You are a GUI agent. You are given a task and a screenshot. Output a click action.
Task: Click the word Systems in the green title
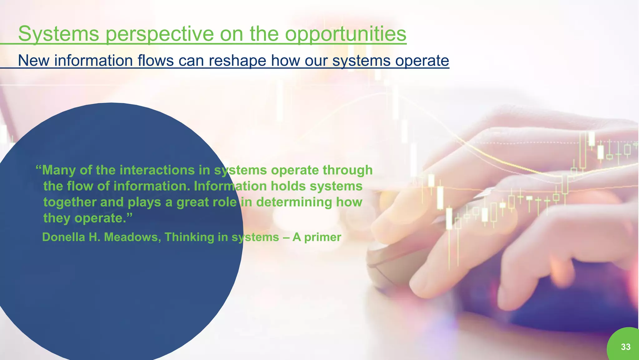pos(59,34)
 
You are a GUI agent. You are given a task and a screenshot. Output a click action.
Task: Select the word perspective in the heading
pos(160,34)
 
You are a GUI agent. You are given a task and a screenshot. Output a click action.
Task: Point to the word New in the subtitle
pos(33,61)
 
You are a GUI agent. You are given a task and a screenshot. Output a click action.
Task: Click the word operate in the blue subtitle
pos(422,61)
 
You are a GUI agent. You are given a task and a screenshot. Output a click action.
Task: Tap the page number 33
pos(626,347)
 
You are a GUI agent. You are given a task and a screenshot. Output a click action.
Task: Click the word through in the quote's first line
pos(348,170)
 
